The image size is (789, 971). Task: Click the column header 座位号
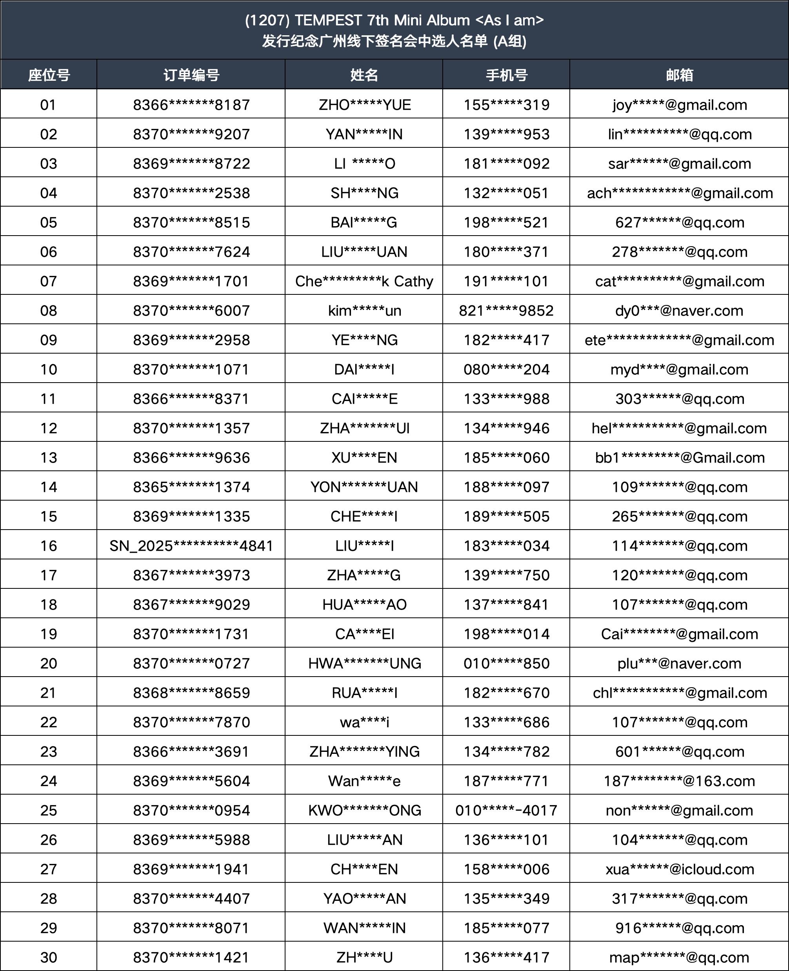49,75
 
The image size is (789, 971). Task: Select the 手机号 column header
506,75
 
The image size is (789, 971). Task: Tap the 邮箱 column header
680,75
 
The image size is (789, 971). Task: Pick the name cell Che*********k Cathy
364,281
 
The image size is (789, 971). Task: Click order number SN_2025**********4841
191,546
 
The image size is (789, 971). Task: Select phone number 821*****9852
506,311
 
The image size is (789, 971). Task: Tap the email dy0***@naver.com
680,311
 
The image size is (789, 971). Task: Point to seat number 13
49,457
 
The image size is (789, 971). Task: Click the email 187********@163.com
680,781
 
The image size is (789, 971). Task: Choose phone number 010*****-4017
506,810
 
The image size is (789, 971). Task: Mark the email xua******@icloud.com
680,869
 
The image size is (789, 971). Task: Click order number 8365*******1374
191,487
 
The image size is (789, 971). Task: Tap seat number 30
49,957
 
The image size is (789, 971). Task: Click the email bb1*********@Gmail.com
680,457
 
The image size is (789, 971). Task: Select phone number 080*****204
506,369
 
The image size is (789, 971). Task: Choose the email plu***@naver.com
680,663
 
